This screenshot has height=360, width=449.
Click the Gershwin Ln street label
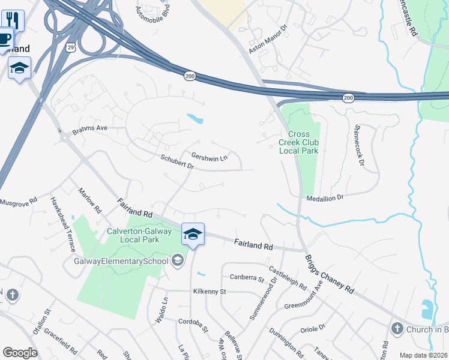tap(209, 157)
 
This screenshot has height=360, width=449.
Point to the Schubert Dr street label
tap(177, 161)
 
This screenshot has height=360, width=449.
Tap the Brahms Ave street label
tap(89, 128)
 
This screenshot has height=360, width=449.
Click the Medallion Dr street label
tap(325, 197)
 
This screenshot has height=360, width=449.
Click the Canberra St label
tap(247, 278)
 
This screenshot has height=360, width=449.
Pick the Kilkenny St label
tap(208, 292)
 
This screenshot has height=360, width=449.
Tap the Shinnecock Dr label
tap(359, 145)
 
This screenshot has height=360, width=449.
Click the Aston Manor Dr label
tap(268, 39)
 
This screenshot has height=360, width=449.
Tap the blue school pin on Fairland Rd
tap(193, 233)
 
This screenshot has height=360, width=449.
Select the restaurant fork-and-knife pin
tap(13, 20)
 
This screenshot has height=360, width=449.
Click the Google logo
tap(20, 353)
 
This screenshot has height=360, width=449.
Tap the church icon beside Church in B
tap(396, 328)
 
